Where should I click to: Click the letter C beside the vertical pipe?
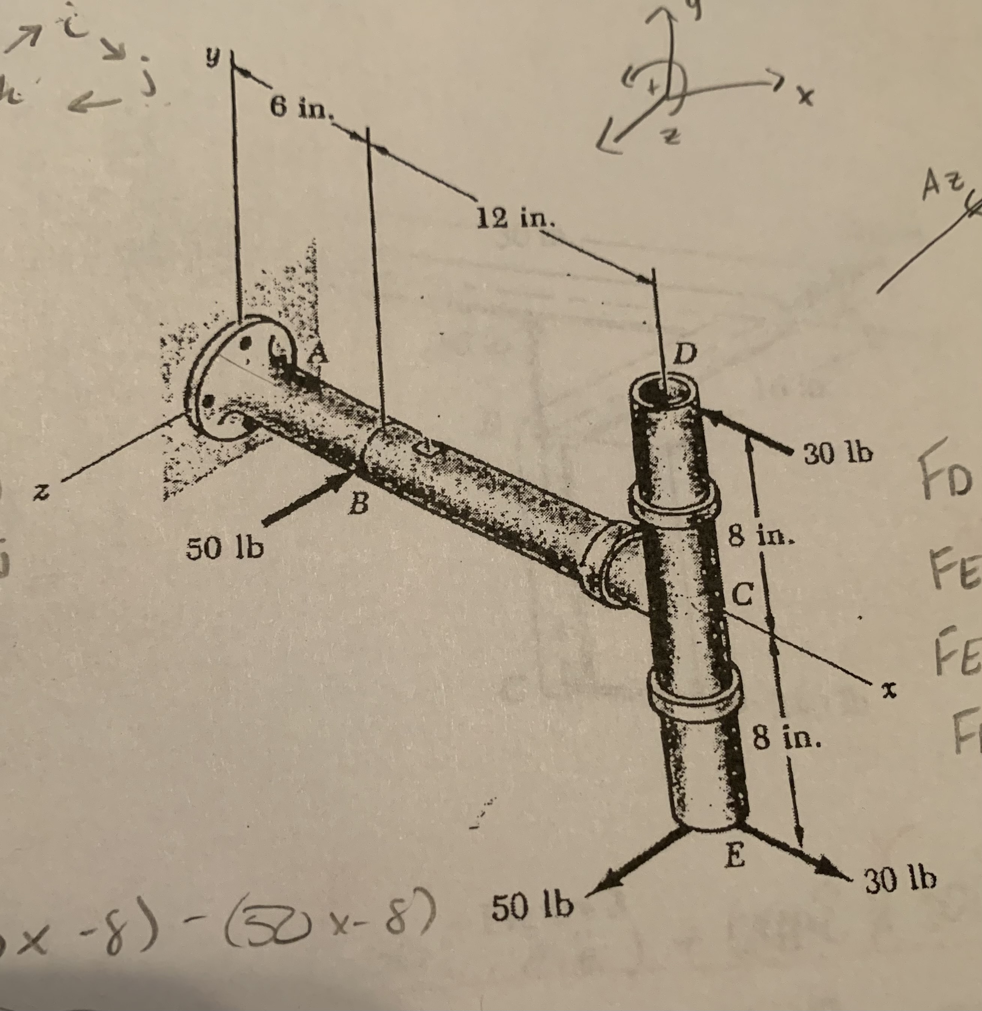tap(743, 595)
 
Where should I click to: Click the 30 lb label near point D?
tap(838, 454)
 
